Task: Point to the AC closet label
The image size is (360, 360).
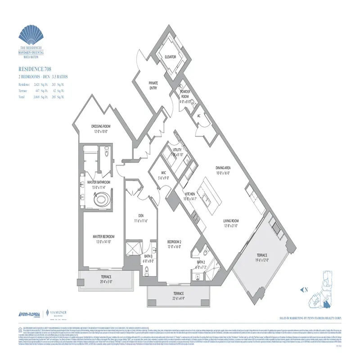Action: pos(198,116)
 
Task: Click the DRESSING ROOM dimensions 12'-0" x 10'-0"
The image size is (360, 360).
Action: pos(101,132)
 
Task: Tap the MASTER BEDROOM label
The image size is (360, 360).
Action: pos(103,237)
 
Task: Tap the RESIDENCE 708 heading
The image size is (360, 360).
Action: pos(36,70)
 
